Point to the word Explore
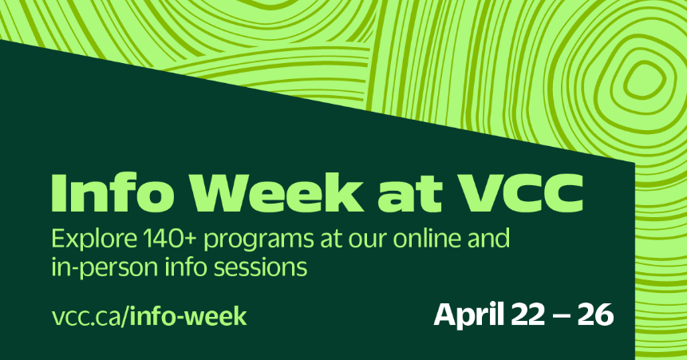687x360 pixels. tap(94, 239)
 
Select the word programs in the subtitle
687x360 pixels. tap(259, 241)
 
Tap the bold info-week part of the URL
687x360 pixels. tap(188, 316)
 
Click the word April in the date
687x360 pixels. tap(469, 315)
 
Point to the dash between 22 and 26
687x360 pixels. tap(563, 317)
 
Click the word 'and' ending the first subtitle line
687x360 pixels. tap(489, 238)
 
